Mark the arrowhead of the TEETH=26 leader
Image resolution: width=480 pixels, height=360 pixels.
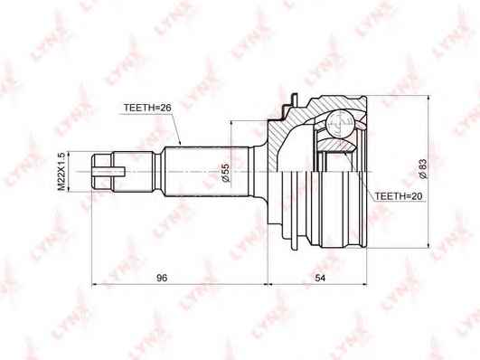pyautogui.click(x=181, y=144)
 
